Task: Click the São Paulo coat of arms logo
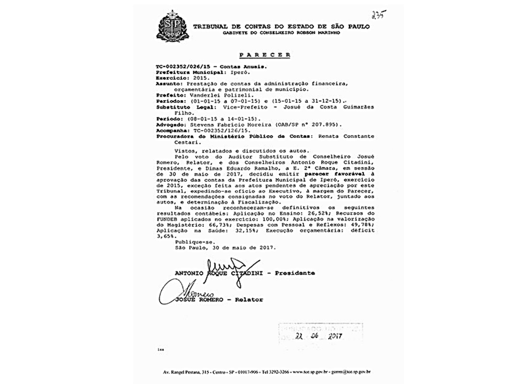(x=170, y=26)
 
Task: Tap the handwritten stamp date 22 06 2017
(x=319, y=336)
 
